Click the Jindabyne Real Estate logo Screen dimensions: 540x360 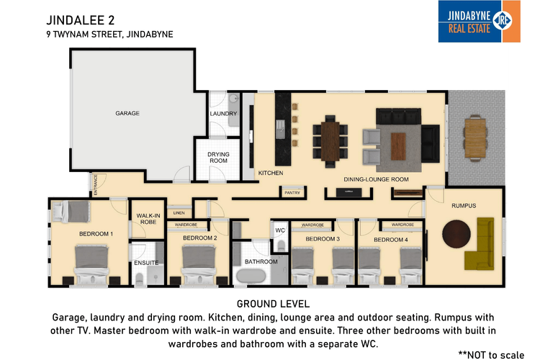[479, 22]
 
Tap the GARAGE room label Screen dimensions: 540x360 [127, 113]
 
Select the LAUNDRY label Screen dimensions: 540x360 [223, 113]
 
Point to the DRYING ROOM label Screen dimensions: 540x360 [218, 158]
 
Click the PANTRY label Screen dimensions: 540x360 [292, 193]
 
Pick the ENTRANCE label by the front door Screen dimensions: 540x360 [95, 185]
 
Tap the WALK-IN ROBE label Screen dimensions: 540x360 [148, 219]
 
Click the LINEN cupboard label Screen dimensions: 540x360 [179, 213]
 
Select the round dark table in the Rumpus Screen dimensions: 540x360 [456, 234]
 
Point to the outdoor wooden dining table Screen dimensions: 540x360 [475, 138]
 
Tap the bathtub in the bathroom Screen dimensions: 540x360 [251, 276]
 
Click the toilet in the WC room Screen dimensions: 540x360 [282, 246]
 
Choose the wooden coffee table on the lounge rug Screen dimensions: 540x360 [398, 146]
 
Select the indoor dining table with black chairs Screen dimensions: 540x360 [330, 141]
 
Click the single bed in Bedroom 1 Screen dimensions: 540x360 [71, 211]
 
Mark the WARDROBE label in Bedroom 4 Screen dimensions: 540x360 [402, 225]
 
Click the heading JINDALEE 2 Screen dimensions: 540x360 [80, 20]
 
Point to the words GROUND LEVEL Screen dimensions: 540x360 [273, 304]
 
